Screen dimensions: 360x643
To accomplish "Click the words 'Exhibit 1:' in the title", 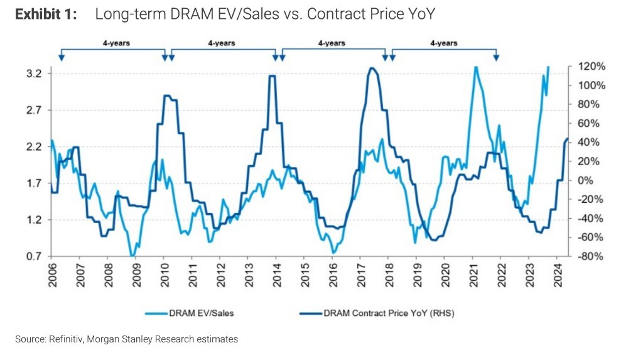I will point(46,14).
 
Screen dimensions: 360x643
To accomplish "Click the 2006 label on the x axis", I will point(53,275).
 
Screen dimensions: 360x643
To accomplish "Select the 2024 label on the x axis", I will point(556,275).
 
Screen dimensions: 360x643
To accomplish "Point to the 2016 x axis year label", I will point(333,275).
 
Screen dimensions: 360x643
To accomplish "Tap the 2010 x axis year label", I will point(165,275).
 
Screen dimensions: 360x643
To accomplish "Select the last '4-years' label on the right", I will point(443,43).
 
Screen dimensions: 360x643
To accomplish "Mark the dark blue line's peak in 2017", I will point(372,68).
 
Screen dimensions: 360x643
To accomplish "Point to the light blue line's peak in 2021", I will point(476,67).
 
